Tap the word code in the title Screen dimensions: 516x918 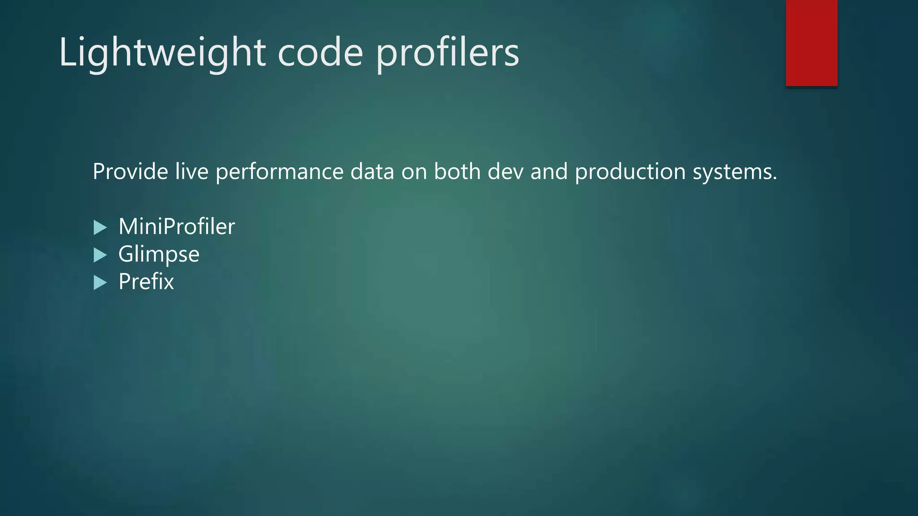320,53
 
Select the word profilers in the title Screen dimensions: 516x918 447,53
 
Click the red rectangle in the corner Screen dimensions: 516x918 811,43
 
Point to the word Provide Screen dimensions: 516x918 130,172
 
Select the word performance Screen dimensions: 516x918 279,172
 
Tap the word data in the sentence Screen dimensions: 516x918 372,172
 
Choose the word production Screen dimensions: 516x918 630,172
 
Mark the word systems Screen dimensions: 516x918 735,172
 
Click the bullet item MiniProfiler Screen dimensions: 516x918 177,227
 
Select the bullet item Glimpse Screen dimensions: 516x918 159,254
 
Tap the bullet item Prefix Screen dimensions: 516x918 146,282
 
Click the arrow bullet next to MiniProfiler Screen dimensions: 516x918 100,228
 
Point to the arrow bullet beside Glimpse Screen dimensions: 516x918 100,255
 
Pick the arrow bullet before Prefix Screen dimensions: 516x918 100,283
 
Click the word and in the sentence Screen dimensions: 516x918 549,172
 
